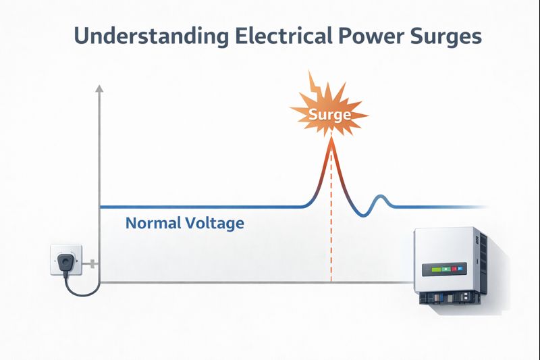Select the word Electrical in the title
click(284, 36)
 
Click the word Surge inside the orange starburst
click(329, 114)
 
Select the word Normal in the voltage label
click(153, 223)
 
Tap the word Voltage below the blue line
click(215, 224)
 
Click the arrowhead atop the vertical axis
click(99, 88)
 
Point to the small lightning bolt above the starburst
click(316, 83)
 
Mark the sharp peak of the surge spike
click(331, 139)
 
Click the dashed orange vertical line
click(331, 217)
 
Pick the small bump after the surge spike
click(380, 198)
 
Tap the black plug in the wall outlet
click(64, 262)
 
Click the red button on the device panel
click(454, 269)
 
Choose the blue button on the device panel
click(460, 269)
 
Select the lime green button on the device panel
click(434, 269)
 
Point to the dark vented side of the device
click(482, 263)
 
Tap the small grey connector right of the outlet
click(92, 264)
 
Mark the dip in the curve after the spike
click(363, 214)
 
